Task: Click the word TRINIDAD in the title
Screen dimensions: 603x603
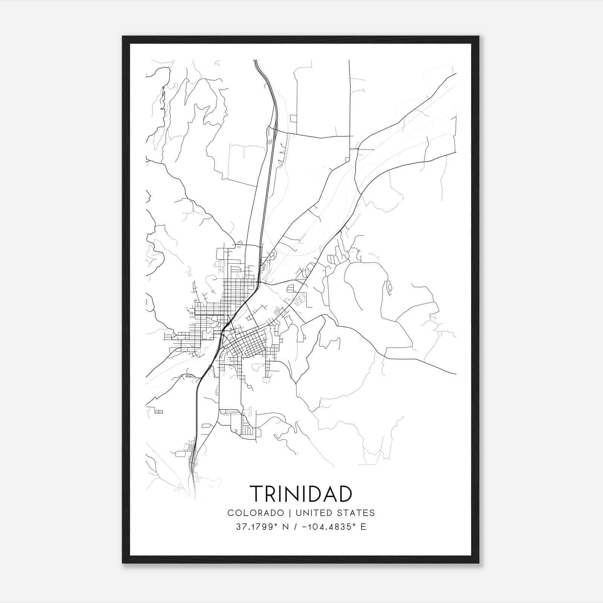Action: click(301, 494)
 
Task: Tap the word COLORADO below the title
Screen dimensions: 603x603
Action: click(256, 513)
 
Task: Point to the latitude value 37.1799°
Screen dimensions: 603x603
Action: click(256, 527)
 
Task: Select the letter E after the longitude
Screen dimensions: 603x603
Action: click(363, 527)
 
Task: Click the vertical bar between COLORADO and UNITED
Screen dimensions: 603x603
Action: click(290, 513)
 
